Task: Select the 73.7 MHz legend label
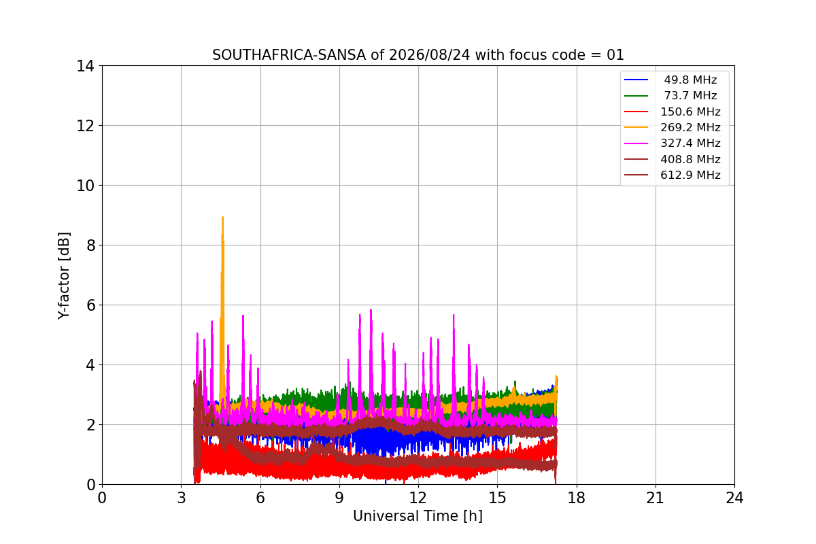tap(690, 95)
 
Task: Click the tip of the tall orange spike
tap(222, 217)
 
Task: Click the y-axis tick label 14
tap(85, 67)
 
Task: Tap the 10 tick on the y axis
tap(85, 186)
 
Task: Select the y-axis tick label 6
tap(90, 305)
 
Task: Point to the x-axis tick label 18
tap(577, 498)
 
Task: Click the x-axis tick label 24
tap(734, 498)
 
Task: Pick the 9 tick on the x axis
tap(339, 498)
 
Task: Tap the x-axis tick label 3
tap(182, 498)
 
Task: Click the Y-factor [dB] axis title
tap(64, 276)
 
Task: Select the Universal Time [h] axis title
tap(418, 516)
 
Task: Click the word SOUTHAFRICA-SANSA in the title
tap(289, 55)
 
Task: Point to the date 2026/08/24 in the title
tap(430, 55)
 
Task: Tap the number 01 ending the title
tap(615, 55)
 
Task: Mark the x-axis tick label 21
tap(656, 498)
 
